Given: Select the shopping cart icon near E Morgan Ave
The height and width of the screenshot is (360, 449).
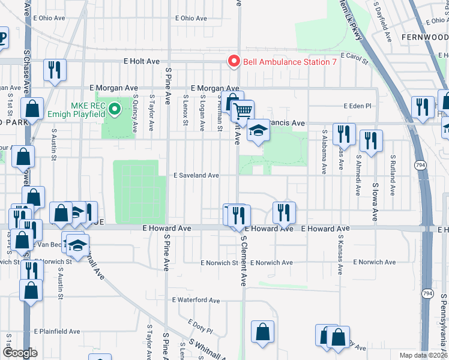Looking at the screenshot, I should point(243,110).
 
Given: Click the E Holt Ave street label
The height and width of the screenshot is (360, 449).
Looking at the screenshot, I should point(142,61).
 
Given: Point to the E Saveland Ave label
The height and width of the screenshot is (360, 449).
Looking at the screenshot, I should point(196,176).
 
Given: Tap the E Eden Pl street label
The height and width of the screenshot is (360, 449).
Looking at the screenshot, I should point(358,106).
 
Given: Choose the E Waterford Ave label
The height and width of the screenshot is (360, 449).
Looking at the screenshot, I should point(196,300).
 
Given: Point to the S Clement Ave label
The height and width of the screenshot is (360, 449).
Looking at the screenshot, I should point(244,260).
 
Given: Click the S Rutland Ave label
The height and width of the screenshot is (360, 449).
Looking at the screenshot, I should point(393,175).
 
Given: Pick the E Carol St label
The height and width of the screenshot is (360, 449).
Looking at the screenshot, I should point(354,56).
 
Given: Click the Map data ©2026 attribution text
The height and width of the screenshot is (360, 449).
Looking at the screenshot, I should point(423,355).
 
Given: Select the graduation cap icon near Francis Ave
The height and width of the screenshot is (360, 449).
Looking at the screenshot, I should point(258,130).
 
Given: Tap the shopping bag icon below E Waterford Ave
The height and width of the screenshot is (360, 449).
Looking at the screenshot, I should point(263,332).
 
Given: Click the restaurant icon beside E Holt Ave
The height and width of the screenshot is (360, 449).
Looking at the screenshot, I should point(55,70).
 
